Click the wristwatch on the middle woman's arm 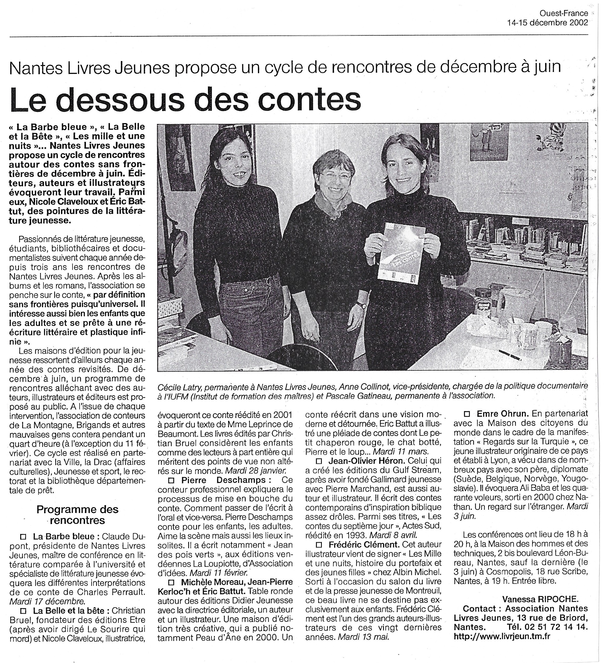[361, 305]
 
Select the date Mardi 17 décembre [47, 601]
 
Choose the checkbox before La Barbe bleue [23, 536]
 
